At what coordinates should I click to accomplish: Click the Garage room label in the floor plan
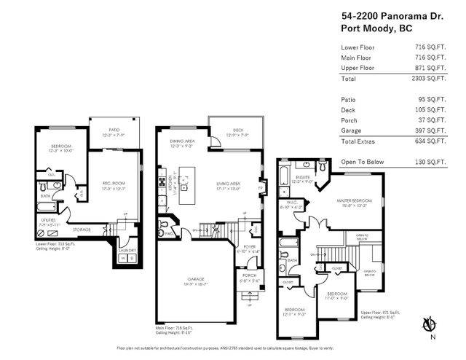(194, 277)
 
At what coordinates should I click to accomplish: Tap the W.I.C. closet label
(289, 204)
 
